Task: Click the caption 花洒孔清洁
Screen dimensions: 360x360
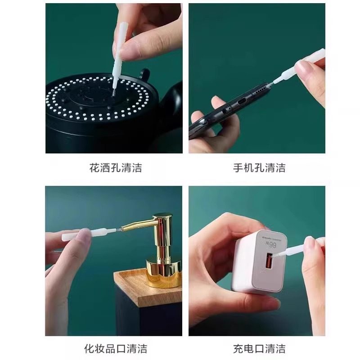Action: point(116,169)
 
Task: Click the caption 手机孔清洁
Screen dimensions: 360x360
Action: point(259,169)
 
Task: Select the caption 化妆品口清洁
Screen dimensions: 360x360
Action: point(116,348)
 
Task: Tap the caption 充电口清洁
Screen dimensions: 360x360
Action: point(259,348)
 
